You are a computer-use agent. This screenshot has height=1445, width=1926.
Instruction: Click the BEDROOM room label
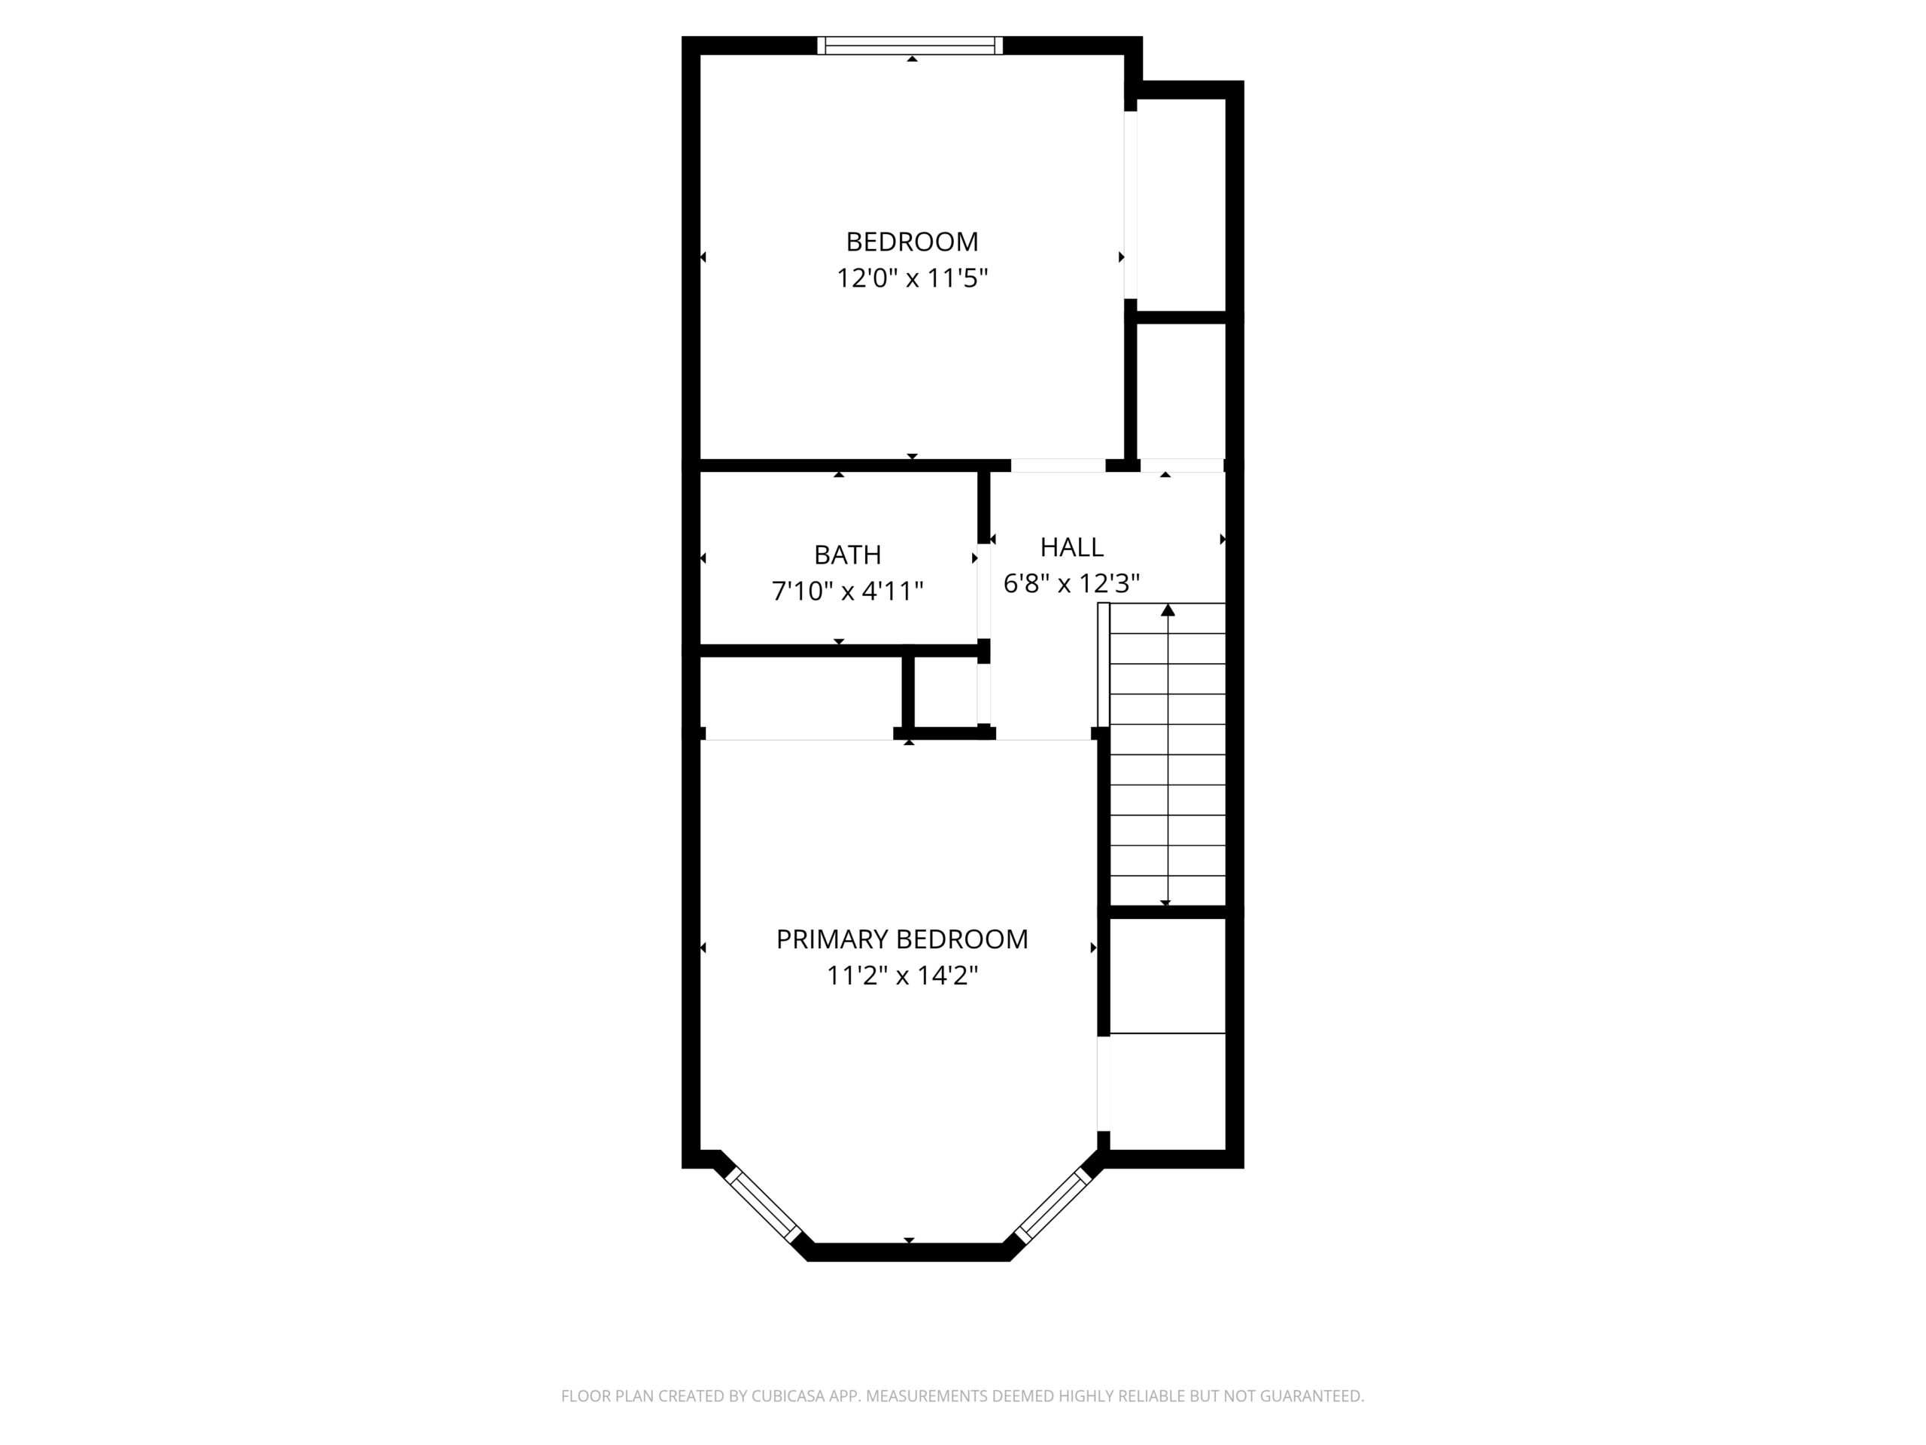click(912, 242)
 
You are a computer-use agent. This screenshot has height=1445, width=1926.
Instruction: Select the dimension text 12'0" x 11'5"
click(912, 278)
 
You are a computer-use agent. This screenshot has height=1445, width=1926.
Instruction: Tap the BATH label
click(847, 555)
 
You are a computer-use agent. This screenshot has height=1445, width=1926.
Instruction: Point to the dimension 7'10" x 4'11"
click(847, 592)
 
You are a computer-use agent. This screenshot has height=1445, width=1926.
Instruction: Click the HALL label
click(1072, 547)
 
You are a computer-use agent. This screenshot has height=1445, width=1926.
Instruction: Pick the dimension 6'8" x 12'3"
click(1072, 583)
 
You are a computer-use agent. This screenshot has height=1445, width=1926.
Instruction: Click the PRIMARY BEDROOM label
click(902, 939)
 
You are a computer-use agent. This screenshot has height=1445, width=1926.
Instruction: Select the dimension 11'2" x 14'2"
click(902, 975)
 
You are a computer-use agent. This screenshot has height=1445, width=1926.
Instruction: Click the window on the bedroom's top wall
click(910, 45)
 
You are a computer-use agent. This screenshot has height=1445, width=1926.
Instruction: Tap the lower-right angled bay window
click(1053, 1205)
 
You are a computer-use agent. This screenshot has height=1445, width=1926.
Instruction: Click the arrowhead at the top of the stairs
click(1168, 610)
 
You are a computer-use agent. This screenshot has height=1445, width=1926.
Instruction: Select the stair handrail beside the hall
click(1103, 665)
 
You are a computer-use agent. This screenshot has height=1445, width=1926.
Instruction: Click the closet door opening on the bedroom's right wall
click(1130, 205)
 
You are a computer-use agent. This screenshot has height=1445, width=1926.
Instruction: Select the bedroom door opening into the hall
click(1058, 465)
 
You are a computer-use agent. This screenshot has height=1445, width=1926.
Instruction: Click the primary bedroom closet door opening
click(1103, 1084)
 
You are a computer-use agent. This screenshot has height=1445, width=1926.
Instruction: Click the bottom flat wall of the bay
click(908, 1252)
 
